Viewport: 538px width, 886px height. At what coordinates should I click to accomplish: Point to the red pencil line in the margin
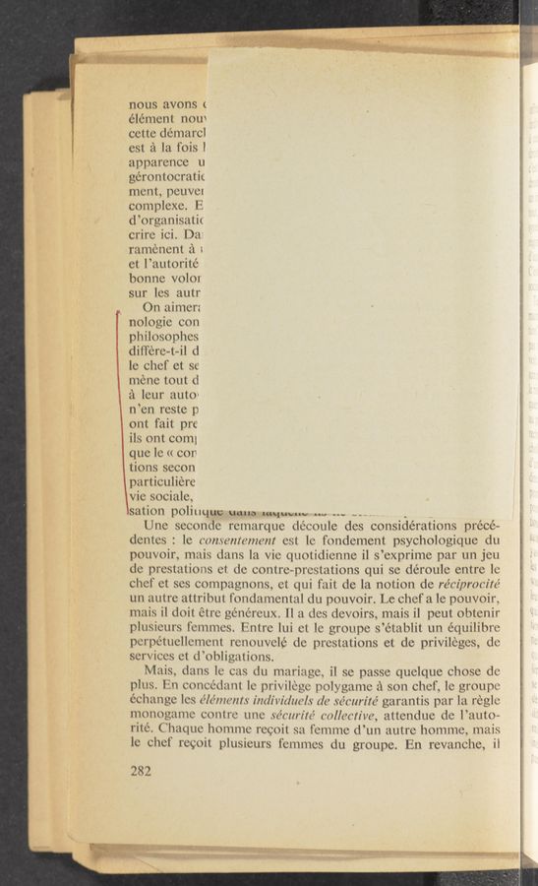pyautogui.click(x=120, y=413)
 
